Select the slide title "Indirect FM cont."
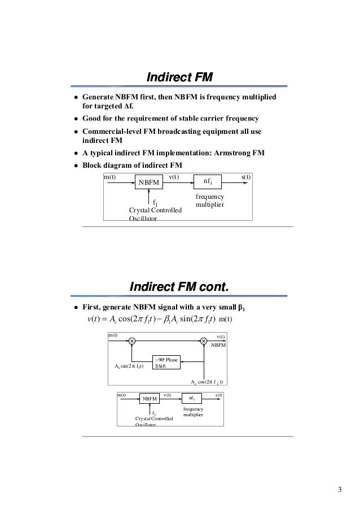pos(179,287)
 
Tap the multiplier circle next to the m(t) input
pos(131,341)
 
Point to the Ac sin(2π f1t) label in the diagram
pos(129,365)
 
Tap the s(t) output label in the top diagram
pos(246,177)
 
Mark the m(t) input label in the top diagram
pos(109,177)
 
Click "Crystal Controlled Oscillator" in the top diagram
pos(155,213)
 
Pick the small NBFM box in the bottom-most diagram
pos(149,399)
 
